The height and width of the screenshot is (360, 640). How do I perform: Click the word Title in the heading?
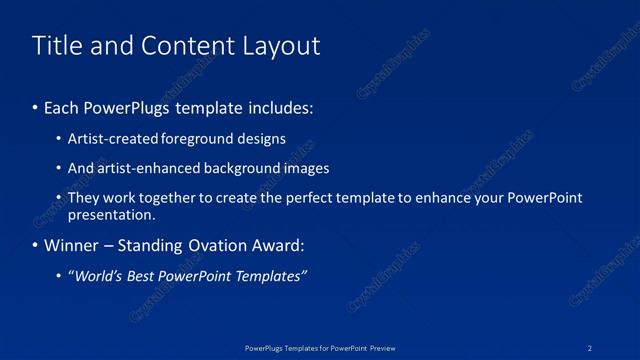tap(57, 45)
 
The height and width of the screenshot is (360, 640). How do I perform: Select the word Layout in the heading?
tap(278, 45)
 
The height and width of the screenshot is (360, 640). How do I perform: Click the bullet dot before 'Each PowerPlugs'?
tap(36, 105)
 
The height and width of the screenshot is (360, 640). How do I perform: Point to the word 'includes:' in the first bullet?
tap(282, 105)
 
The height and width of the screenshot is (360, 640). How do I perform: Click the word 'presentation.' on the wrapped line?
tap(111, 214)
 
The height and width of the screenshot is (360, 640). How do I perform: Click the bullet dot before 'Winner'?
tap(36, 246)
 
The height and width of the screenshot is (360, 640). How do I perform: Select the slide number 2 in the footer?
tap(591, 347)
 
